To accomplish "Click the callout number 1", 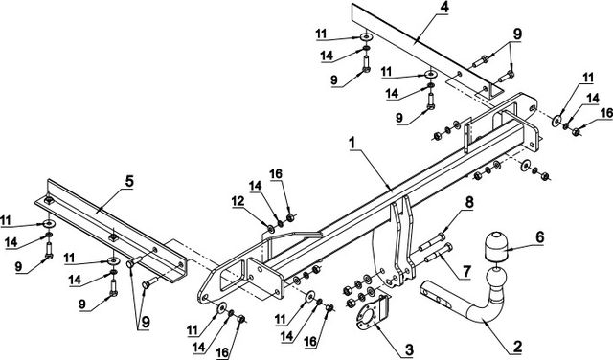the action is pos(352,143).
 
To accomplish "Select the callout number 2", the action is pos(517,346).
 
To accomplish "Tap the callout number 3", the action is pos(409,349).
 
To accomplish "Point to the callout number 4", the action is pos(444,8).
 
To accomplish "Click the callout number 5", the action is pos(129,181).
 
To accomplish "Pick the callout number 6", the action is pos(540,236).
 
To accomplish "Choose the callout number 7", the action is pos(466,271).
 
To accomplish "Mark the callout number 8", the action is pos(469,202).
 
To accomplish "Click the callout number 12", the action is pos(238,201).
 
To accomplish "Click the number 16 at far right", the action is pos(606,113).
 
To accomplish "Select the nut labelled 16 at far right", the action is pos(576,132).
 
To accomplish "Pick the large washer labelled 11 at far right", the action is pos(556,121).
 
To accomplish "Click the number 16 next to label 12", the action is pos(276,174).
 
